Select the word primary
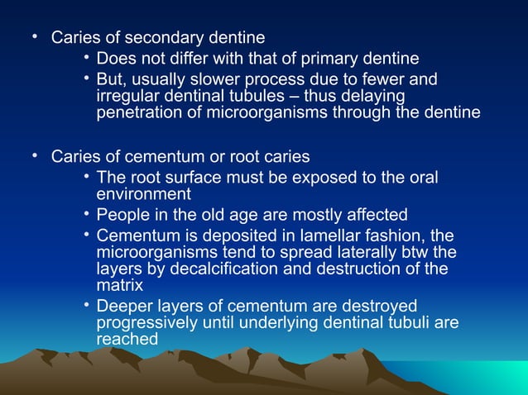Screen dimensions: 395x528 pos(328,59)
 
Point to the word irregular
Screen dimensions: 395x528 pos(128,97)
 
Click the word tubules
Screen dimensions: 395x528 pos(235,97)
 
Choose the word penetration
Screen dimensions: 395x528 pos(141,113)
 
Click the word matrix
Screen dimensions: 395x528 pos(119,285)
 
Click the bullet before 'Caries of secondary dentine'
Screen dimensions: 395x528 pos(35,37)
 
